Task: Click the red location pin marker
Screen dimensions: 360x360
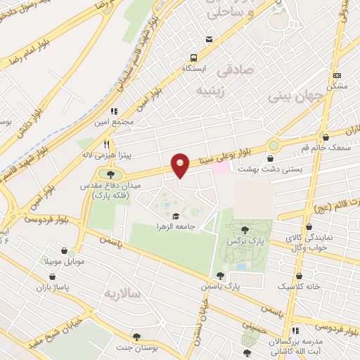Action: (181, 165)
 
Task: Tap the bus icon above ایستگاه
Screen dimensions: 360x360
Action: (209, 39)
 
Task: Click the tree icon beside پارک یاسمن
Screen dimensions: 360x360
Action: (220, 276)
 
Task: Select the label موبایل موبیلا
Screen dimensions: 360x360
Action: (65, 261)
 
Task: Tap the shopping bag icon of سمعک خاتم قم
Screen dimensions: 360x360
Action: (325, 136)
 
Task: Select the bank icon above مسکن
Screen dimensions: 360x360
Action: (337, 75)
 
